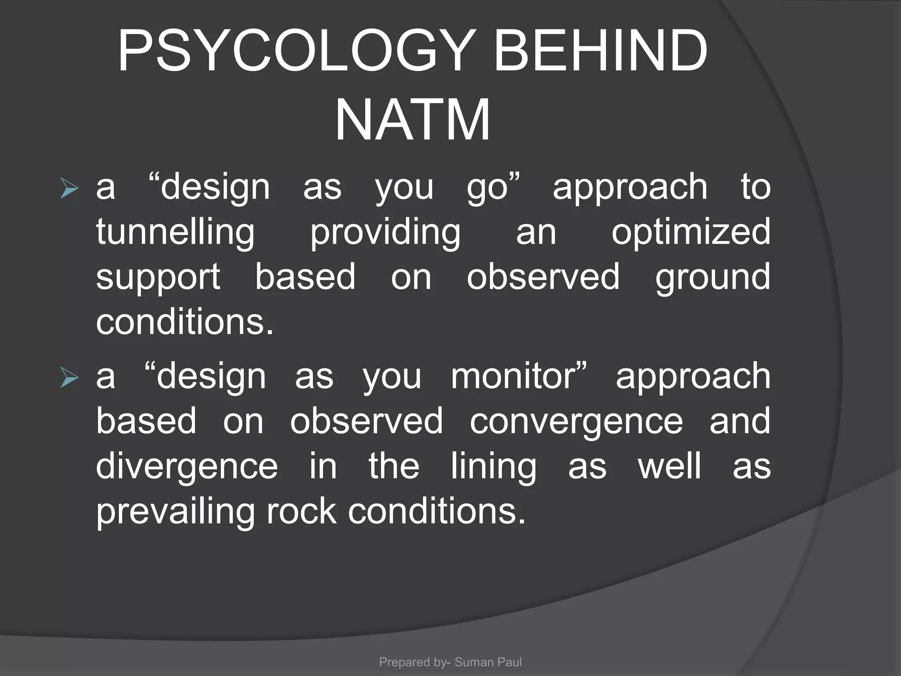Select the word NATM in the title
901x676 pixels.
coord(413,120)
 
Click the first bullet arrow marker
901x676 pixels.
coord(70,189)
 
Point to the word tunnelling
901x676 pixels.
coord(176,232)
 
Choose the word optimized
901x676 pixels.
coord(691,232)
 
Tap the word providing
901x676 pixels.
coord(385,232)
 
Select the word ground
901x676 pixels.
coord(713,278)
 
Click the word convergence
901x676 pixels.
coord(576,422)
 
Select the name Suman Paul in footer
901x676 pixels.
coord(488,662)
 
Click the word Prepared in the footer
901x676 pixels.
coord(404,662)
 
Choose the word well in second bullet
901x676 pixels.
coord(670,467)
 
